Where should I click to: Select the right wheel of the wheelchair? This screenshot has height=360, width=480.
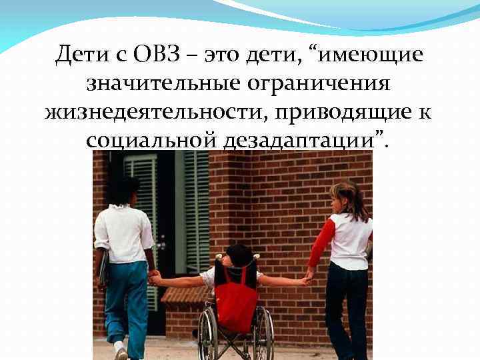[264, 337]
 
